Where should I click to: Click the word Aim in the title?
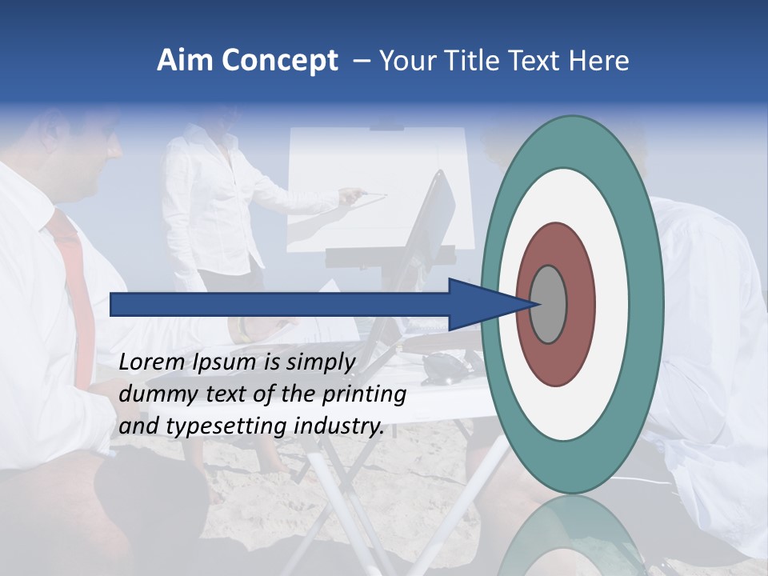pos(186,61)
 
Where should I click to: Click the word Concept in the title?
pos(278,61)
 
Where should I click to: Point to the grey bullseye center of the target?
pos(548,304)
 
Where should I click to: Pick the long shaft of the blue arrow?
pos(280,304)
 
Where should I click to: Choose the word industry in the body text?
pos(339,426)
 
